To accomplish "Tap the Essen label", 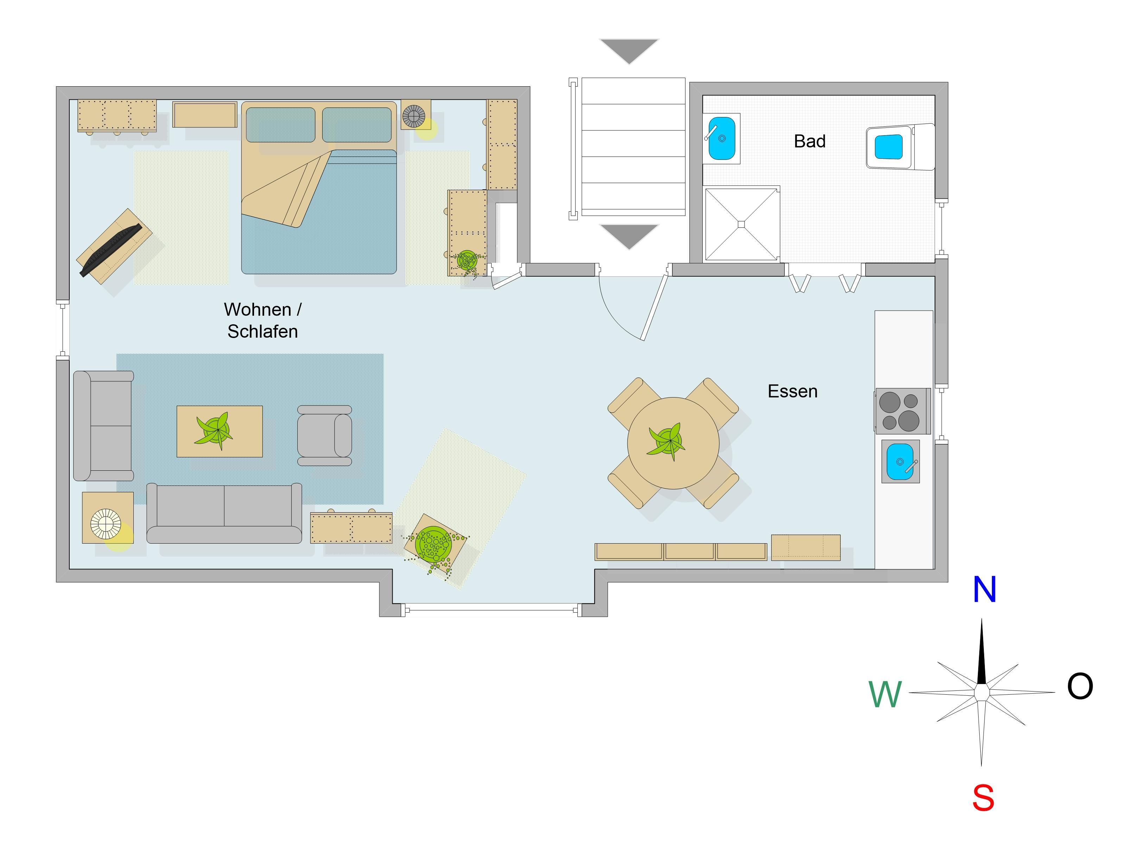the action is (x=792, y=391).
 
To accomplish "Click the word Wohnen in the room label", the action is (x=258, y=309).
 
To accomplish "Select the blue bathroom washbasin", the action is (x=722, y=138).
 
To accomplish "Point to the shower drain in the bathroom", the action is (x=741, y=224).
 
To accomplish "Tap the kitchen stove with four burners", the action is (x=903, y=411).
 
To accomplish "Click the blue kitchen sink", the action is (x=900, y=462).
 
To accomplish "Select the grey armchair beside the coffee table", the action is (x=325, y=436).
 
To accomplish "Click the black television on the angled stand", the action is (x=110, y=250).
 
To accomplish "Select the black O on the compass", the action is (x=1080, y=686).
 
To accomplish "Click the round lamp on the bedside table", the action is (x=414, y=117).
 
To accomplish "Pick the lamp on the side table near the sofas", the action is (x=106, y=524).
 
